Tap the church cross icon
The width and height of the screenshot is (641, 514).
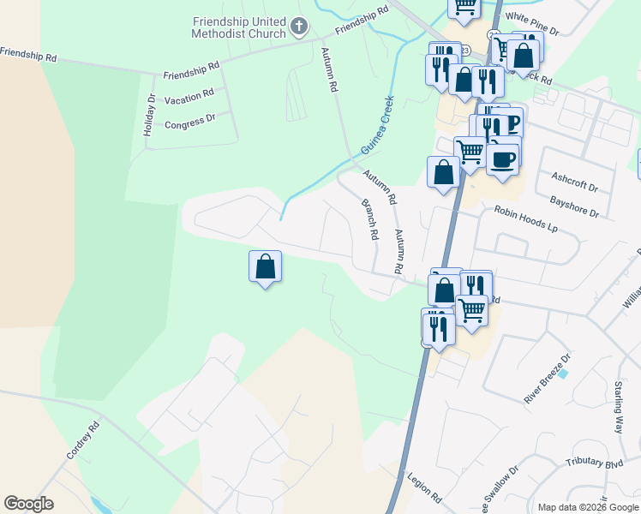click(x=298, y=27)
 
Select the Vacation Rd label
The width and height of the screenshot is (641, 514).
click(x=189, y=95)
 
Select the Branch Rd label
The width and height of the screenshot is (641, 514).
click(x=370, y=218)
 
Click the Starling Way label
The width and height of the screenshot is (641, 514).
click(x=619, y=408)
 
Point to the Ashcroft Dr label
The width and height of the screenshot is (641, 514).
click(x=574, y=181)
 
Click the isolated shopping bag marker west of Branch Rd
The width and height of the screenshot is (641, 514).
click(x=265, y=266)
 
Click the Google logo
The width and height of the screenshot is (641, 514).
click(x=28, y=504)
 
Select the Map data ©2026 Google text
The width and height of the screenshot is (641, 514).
click(x=587, y=507)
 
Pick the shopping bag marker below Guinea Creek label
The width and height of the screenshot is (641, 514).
click(x=443, y=172)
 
